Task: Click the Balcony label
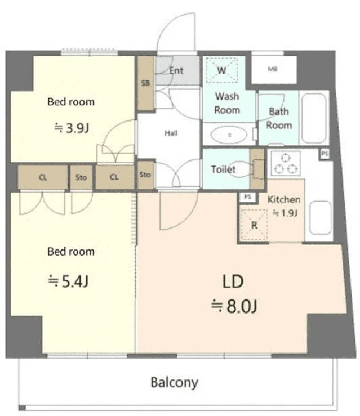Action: pos(175,383)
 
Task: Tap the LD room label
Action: pos(233,281)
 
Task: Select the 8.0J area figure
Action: pos(234,306)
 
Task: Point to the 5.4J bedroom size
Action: pos(68,281)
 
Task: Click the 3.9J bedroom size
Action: pos(72,128)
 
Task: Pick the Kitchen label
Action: pos(284,199)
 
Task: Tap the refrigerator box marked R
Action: pos(254,225)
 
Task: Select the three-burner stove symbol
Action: pos(286,163)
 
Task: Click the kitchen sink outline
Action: pos(321,218)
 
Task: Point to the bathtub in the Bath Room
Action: pos(314,118)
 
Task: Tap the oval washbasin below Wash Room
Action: pos(229,135)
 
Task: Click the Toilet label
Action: pos(223,169)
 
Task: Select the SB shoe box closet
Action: pos(145,83)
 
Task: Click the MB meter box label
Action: pos(273,69)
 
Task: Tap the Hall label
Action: pos(171,133)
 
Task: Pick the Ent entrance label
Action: pos(176,70)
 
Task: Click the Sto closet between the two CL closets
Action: pos(81,177)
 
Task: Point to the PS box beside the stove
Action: pos(325,154)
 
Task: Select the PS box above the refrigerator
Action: pos(247,197)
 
